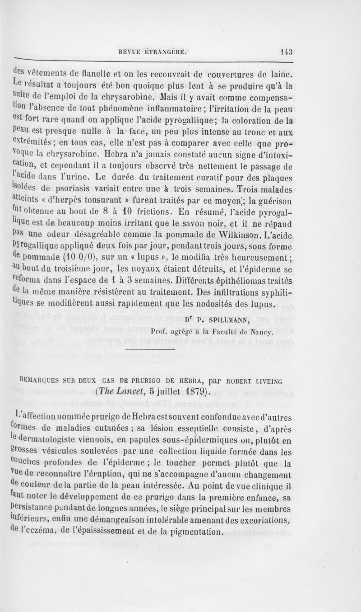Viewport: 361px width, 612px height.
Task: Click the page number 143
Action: [x=286, y=52]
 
